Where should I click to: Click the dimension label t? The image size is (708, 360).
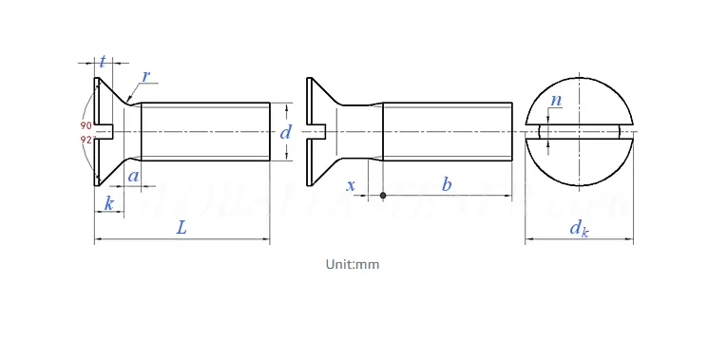tap(103, 63)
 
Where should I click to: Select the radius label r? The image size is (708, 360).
tap(145, 76)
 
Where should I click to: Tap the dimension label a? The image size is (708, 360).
tap(134, 176)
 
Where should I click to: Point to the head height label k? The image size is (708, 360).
tap(108, 203)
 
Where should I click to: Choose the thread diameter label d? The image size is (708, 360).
tap(285, 132)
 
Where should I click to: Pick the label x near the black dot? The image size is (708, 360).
tap(352, 185)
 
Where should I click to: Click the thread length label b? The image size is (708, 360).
tap(447, 184)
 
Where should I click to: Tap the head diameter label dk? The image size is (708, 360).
tap(579, 227)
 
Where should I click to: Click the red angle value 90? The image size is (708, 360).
tap(86, 125)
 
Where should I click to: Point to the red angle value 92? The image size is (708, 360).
tap(86, 140)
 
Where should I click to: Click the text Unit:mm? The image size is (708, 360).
tap(354, 264)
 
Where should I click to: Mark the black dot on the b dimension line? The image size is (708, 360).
tap(383, 196)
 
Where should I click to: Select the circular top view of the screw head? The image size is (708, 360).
tap(579, 132)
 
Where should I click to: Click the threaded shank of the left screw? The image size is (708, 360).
tap(204, 131)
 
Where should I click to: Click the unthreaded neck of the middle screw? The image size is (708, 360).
tap(363, 131)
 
